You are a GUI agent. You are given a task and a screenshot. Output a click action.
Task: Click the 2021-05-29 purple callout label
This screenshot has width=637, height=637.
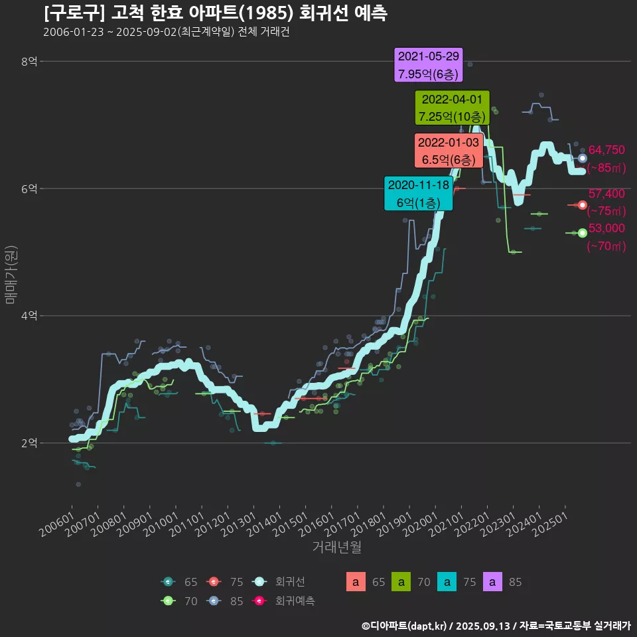click(x=429, y=65)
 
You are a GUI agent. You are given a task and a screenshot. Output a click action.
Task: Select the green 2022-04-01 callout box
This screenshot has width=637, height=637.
click(x=452, y=107)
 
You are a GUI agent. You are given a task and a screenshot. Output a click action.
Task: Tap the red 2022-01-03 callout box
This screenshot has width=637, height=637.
click(x=448, y=151)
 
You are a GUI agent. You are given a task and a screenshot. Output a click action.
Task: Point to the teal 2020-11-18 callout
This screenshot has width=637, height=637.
click(x=419, y=193)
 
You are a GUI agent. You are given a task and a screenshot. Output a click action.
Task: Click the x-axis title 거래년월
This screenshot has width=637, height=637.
click(x=337, y=547)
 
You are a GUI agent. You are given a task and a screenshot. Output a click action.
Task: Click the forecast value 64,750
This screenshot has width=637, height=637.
click(x=606, y=150)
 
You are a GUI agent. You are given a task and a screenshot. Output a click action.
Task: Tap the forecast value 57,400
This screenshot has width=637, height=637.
click(x=606, y=194)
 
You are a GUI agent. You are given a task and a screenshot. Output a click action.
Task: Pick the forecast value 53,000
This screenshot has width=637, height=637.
click(x=606, y=228)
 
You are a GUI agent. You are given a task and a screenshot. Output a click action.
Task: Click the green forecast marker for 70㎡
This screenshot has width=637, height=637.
click(x=582, y=233)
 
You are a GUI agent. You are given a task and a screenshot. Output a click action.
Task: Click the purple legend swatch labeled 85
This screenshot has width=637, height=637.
click(x=494, y=582)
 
